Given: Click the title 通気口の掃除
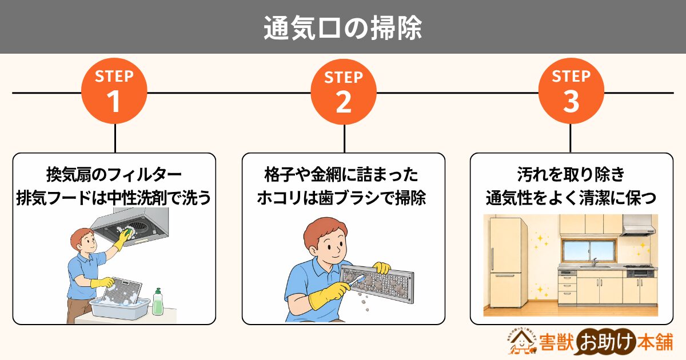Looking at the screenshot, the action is [x=343, y=28].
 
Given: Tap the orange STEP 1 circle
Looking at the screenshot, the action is [x=114, y=91].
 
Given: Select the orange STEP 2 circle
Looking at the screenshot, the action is [x=344, y=91].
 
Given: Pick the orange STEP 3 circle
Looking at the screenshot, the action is [x=571, y=91].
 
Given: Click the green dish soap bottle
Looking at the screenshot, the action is [x=157, y=302].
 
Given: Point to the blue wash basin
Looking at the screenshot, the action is [x=119, y=308].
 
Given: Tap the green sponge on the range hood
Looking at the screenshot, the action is [x=129, y=231].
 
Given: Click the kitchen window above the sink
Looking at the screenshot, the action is [x=588, y=251].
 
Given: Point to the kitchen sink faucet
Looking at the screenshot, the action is [x=595, y=262].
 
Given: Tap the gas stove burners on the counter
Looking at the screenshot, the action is [x=638, y=266].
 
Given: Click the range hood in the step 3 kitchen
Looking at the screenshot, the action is [x=637, y=226].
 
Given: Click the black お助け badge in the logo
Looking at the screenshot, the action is [x=607, y=342].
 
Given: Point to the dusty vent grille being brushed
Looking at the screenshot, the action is [x=377, y=283].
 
